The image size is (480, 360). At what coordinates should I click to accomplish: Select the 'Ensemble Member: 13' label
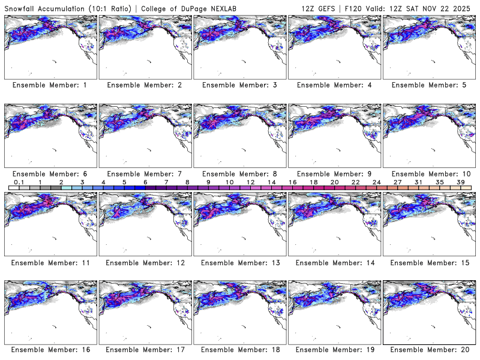[241, 262]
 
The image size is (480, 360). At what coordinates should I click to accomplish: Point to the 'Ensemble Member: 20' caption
[429, 350]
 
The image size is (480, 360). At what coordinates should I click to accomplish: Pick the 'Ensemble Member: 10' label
[429, 174]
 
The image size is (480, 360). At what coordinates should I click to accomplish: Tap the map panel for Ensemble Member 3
[239, 46]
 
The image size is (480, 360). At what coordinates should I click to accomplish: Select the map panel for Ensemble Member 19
[334, 311]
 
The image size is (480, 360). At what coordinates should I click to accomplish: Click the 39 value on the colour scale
[460, 182]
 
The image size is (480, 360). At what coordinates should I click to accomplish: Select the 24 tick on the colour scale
[376, 182]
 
